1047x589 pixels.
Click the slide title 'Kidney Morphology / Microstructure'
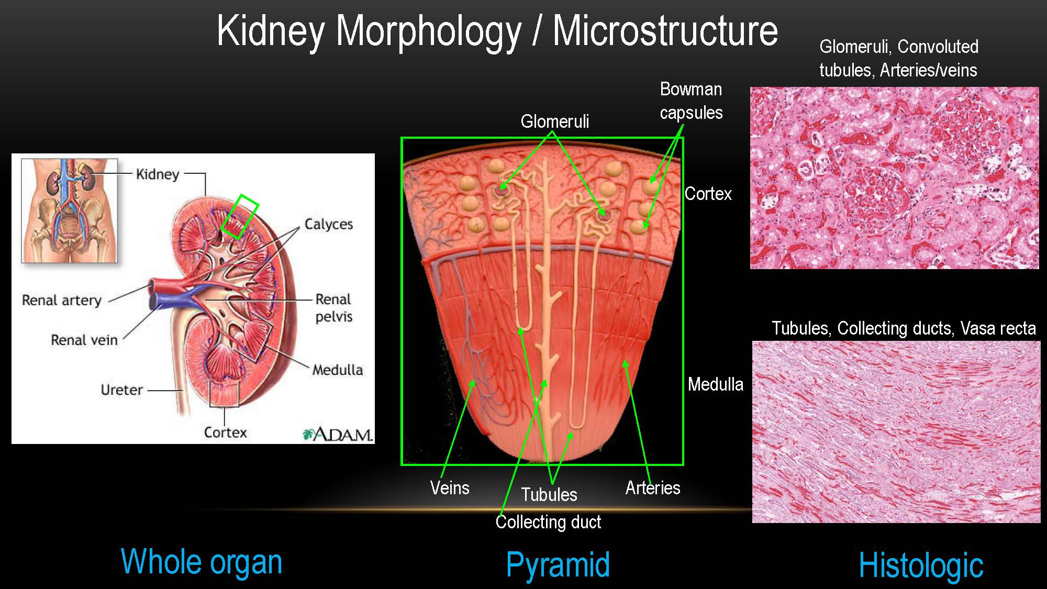tap(497, 31)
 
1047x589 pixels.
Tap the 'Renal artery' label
tap(62, 301)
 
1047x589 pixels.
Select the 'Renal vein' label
tap(84, 340)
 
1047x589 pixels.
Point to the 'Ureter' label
tap(121, 390)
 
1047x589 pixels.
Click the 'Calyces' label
tap(329, 224)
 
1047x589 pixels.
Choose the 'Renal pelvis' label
tap(333, 308)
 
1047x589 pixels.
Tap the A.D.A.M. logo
tap(338, 435)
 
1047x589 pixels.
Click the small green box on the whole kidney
tap(240, 217)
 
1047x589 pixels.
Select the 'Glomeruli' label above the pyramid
tap(554, 121)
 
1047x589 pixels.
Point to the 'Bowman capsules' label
tap(691, 101)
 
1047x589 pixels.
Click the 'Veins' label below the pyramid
tap(450, 488)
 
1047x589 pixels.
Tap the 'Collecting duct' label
tap(548, 522)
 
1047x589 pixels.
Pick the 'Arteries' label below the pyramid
tap(653, 488)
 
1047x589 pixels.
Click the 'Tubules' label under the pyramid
tap(549, 495)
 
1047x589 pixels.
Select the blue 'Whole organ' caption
tap(202, 562)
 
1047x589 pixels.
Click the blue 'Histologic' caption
tap(921, 565)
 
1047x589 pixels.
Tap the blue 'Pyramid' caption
tap(558, 565)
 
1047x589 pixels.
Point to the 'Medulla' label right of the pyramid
tap(715, 384)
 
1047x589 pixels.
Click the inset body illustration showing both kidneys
tap(69, 210)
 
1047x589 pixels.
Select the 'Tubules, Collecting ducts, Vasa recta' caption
tap(904, 328)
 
